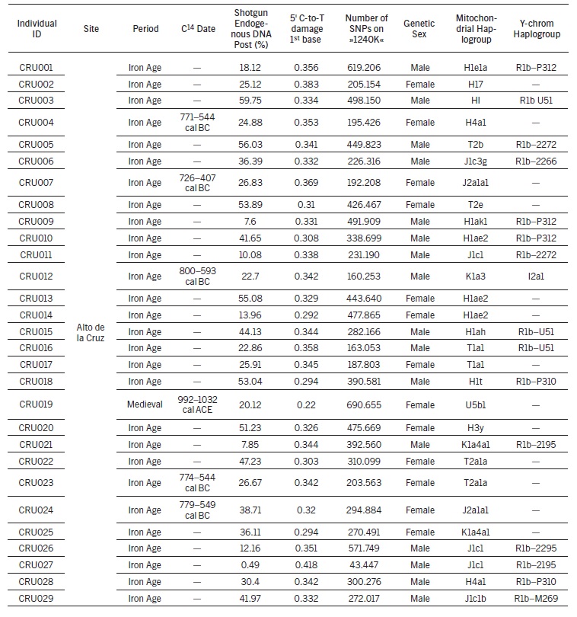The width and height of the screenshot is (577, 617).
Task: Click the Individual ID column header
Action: tap(37, 28)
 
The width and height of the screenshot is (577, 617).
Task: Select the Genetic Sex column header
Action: tap(419, 28)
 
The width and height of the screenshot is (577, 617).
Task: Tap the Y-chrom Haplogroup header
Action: tap(535, 28)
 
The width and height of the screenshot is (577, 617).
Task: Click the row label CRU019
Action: tap(37, 404)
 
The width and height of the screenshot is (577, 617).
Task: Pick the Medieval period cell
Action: tap(145, 404)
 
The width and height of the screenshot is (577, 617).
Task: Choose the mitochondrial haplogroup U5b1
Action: tap(476, 404)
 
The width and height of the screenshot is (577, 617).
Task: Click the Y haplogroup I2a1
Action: tap(535, 276)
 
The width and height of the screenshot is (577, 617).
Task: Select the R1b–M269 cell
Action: tap(535, 599)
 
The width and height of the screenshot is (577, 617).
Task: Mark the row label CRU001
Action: tap(37, 68)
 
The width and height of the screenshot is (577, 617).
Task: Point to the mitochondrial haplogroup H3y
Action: tap(476, 427)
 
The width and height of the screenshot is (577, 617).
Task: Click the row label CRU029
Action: tap(37, 599)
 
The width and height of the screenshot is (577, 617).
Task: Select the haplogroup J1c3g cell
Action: tap(476, 161)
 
